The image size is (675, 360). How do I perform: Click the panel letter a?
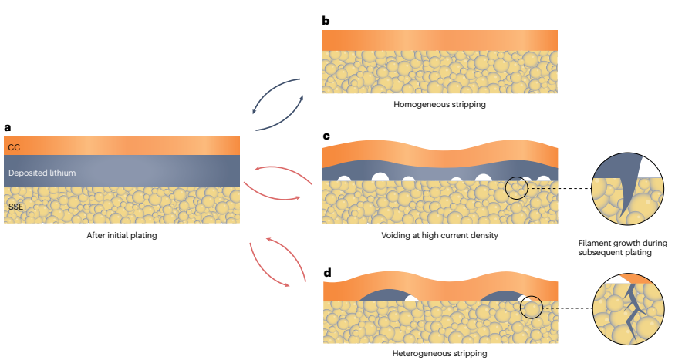tap(8, 127)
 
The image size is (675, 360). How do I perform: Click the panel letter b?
tap(326, 20)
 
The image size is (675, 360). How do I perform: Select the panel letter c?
tap(326, 136)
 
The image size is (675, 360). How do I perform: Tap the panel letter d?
tap(326, 271)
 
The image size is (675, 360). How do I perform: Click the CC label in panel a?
tap(14, 146)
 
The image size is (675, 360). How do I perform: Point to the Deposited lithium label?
tap(42, 173)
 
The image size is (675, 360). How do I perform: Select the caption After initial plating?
tap(122, 235)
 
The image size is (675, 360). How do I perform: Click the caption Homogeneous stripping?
tap(439, 104)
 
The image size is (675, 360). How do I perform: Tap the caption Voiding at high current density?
tap(439, 235)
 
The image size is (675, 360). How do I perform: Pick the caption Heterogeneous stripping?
tap(439, 353)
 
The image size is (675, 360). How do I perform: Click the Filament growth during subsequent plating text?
tap(622, 247)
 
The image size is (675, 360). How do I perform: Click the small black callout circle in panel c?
tap(517, 188)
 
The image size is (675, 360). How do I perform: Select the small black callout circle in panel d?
tap(532, 307)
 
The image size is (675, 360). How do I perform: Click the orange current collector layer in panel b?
tap(439, 40)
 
